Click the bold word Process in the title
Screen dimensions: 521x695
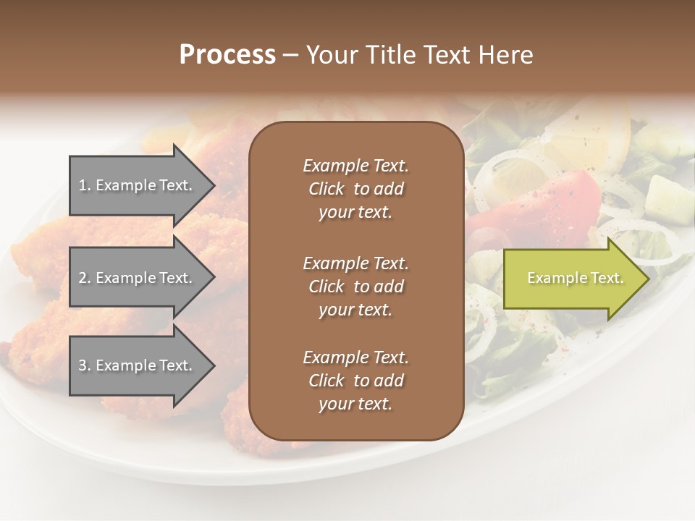[227, 55]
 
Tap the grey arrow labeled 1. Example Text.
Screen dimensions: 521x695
[138, 185]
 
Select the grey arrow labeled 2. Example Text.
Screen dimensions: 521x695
[138, 278]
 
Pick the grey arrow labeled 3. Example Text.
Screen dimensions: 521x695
[138, 365]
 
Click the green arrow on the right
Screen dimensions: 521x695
[572, 279]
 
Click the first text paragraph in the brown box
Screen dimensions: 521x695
[355, 189]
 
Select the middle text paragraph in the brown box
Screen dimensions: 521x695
[355, 287]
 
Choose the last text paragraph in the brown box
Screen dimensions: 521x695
[355, 381]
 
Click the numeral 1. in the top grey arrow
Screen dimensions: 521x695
[85, 185]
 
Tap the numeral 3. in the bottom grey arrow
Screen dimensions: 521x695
[85, 365]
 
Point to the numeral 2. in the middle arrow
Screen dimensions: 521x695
[85, 278]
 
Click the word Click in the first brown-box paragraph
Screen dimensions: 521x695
[326, 190]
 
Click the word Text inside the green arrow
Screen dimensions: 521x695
[607, 278]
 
